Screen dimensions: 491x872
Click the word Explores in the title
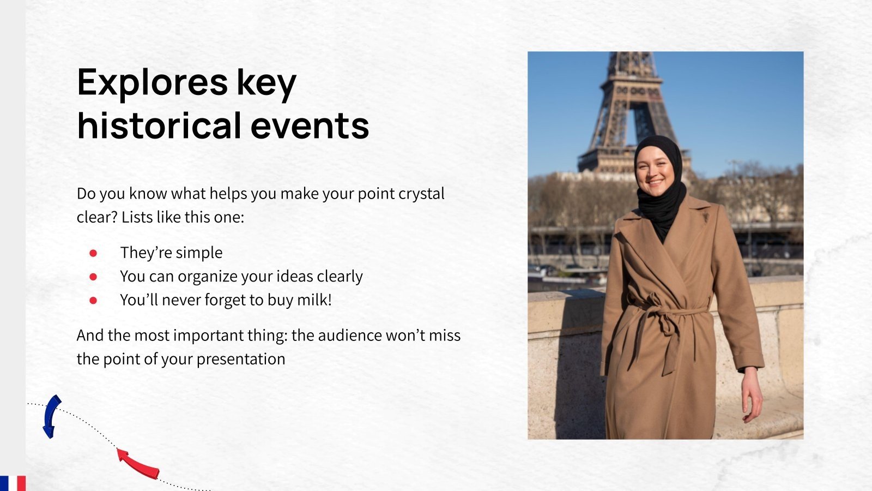(152, 83)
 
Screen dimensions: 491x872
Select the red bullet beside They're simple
(93, 253)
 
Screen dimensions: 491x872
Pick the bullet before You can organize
(93, 277)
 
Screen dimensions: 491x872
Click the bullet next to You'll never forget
(93, 300)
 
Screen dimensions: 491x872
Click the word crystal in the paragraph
(421, 194)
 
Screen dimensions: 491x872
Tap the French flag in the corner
(13, 483)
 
